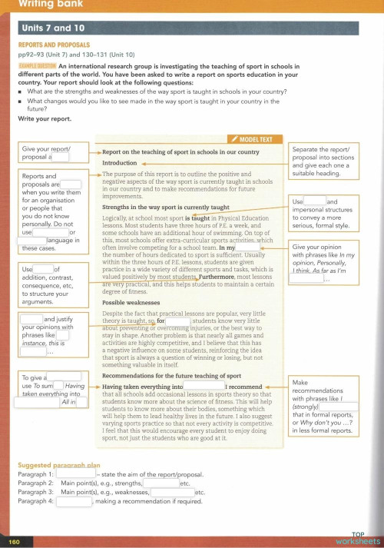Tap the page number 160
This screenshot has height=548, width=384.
click(x=14, y=541)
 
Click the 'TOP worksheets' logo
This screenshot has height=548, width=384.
click(x=356, y=537)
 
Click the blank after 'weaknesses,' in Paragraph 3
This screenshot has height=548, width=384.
click(x=172, y=493)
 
